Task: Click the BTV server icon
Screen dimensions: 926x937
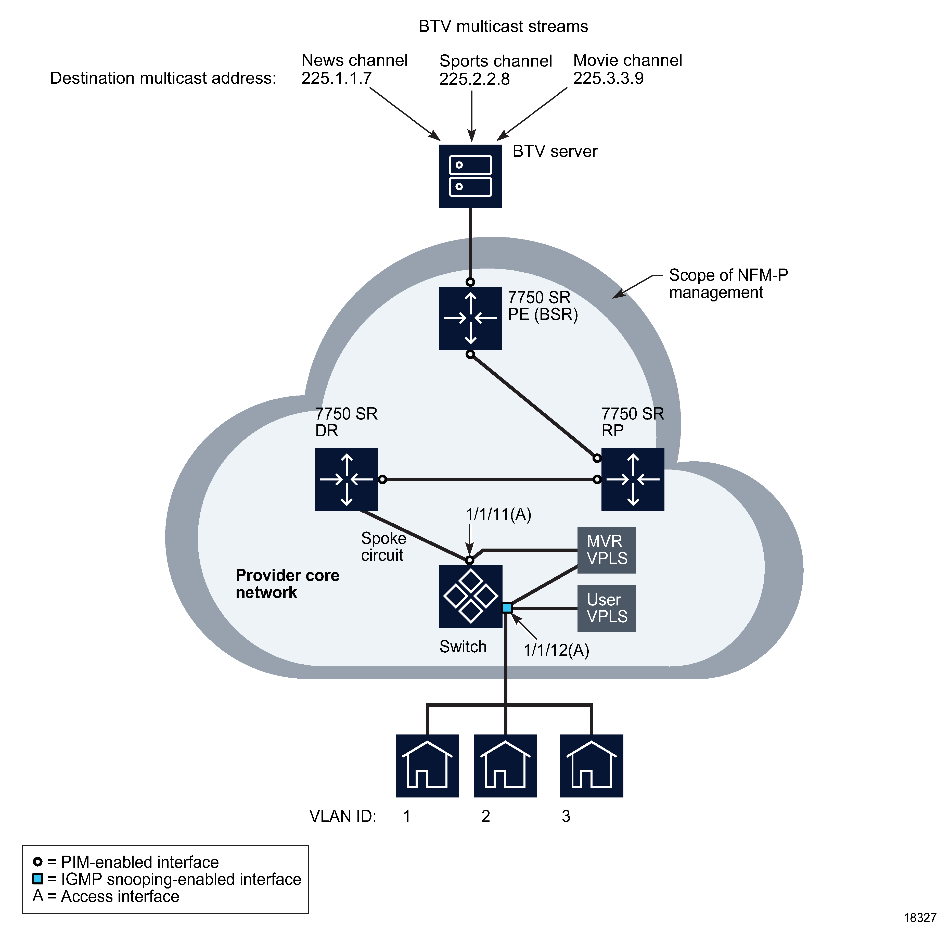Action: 470,176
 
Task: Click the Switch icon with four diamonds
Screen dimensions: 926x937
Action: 470,596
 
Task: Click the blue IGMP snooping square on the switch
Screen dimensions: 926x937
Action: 507,608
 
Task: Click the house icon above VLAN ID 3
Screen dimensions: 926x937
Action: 591,766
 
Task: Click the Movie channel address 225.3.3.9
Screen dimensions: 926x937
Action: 608,78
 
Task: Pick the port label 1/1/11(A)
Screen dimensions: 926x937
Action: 498,514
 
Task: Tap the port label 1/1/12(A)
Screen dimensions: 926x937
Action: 556,650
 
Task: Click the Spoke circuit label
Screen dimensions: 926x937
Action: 383,547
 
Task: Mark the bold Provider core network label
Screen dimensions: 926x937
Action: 287,583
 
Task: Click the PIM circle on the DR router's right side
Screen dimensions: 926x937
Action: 382,479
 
